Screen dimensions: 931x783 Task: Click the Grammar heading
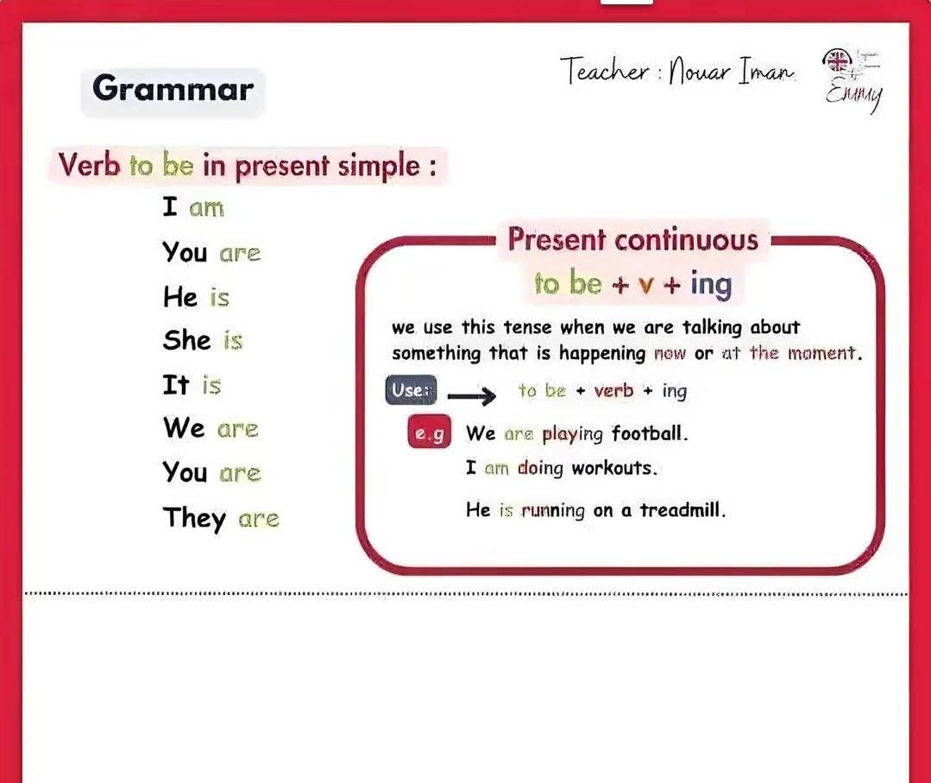(173, 89)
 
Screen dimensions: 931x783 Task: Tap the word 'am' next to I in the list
(206, 209)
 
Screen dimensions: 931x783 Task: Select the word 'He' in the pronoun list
(180, 296)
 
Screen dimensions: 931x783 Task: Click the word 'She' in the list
(186, 340)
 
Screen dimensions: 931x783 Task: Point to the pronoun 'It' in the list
(176, 384)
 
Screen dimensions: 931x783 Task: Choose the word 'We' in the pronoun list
(184, 427)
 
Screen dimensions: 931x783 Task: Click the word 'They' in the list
(194, 518)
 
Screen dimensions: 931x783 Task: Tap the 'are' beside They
(258, 520)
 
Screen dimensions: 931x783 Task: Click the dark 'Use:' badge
(411, 390)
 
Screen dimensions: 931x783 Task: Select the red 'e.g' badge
(430, 432)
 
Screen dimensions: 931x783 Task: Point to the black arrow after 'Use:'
(471, 395)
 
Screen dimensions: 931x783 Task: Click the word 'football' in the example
(650, 433)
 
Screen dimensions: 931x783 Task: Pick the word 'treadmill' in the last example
(683, 509)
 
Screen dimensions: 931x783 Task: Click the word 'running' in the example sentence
(553, 510)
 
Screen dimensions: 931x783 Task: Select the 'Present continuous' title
(633, 240)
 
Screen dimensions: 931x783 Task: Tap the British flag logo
(837, 60)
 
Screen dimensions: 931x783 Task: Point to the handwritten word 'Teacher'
(605, 71)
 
